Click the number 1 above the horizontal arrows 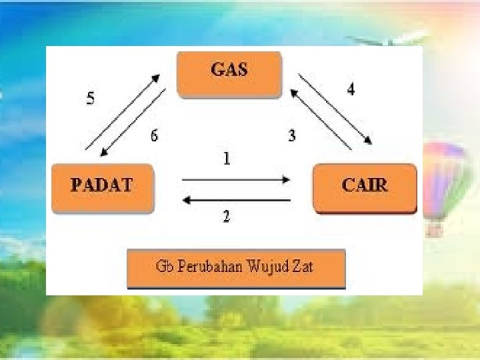[227, 159]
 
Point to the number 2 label [227, 217]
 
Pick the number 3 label [292, 136]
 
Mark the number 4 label [350, 89]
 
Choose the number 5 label [91, 99]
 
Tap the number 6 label [154, 136]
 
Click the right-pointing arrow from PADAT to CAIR [236, 179]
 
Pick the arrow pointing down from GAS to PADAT [133, 123]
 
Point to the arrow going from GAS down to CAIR [335, 108]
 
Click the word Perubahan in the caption [206, 267]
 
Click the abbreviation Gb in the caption [163, 267]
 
